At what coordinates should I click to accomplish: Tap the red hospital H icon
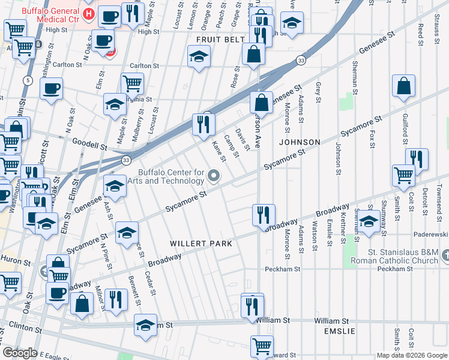88,14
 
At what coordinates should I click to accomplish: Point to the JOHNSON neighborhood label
300,142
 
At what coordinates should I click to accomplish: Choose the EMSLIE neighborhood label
340,331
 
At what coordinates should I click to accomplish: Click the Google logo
20,353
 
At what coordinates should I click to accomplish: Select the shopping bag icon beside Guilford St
404,86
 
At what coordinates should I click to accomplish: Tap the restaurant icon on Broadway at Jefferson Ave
263,215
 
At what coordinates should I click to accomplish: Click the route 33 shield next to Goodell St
125,160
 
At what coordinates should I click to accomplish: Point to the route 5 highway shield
28,80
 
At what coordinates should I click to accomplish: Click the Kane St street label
218,151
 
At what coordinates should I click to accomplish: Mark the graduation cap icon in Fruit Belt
199,58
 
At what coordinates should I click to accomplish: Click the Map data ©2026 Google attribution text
412,355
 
